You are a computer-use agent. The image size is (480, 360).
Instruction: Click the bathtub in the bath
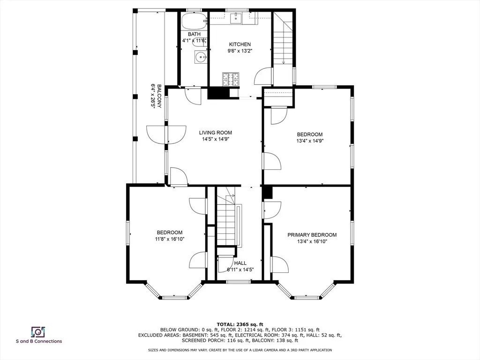[x=194, y=21]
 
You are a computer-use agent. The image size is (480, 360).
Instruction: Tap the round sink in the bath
[x=201, y=57]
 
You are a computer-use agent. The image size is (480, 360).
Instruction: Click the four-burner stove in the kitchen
[x=231, y=79]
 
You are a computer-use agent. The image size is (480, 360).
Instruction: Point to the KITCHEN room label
[x=240, y=45]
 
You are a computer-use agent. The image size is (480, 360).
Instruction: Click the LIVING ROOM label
[x=216, y=133]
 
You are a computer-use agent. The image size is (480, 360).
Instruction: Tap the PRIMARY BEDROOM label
[x=312, y=235]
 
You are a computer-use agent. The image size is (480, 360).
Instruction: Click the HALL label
[x=240, y=263]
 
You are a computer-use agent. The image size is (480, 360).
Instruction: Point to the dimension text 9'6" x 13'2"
[x=240, y=51]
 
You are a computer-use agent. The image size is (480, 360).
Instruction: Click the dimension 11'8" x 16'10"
[x=170, y=239]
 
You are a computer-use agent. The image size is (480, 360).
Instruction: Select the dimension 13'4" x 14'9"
[x=310, y=141]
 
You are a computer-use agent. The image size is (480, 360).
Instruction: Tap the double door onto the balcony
[x=166, y=135]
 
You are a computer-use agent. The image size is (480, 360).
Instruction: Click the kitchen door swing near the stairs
[x=263, y=76]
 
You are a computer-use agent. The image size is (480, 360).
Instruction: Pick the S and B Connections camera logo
[x=38, y=332]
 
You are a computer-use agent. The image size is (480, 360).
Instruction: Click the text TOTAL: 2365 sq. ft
[x=240, y=324]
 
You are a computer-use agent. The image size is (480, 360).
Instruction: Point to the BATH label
[x=194, y=34]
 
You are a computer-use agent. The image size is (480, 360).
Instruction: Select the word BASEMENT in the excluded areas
[x=193, y=335]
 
